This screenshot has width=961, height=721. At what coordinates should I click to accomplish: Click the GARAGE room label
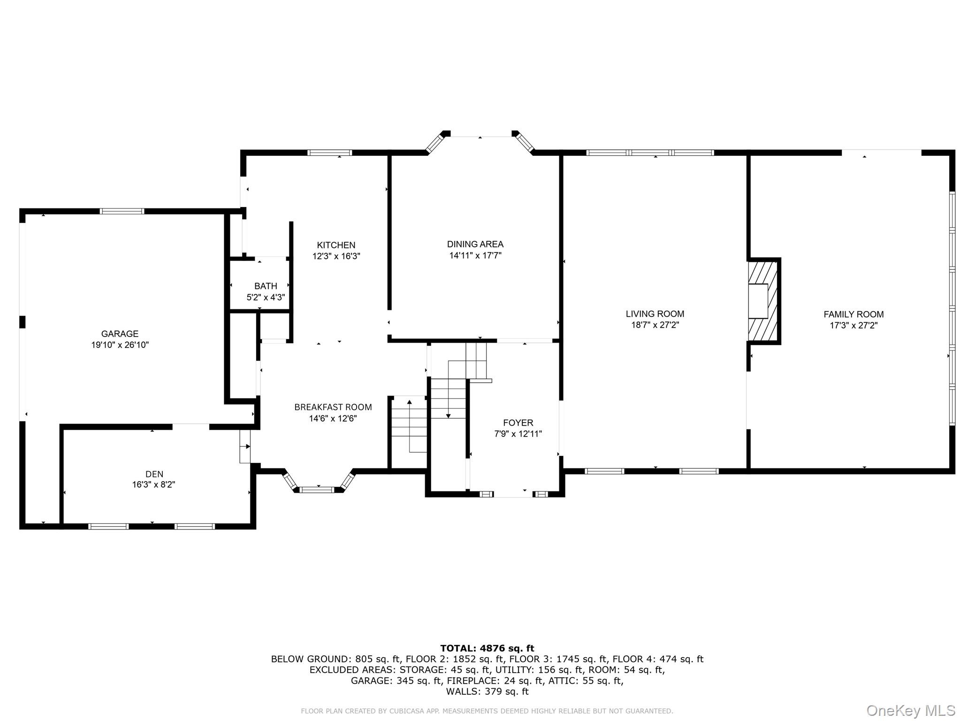[120, 334]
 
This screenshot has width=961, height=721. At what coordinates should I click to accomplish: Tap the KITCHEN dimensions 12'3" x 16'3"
[336, 256]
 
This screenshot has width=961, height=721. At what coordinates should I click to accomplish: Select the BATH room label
[266, 286]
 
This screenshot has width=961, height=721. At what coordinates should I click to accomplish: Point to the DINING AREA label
[475, 244]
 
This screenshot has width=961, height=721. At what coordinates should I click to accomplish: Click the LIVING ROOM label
[655, 314]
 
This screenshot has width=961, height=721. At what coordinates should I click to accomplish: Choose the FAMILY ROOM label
[853, 314]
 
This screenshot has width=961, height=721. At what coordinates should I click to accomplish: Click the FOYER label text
[518, 422]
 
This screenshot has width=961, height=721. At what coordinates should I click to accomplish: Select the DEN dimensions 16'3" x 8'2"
[153, 484]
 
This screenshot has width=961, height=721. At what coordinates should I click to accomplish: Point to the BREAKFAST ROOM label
[333, 407]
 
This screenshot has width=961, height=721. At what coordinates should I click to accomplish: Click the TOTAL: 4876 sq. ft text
[487, 648]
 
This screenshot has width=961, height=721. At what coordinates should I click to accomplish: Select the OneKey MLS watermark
[910, 710]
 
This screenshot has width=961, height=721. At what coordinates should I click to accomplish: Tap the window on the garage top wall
[122, 211]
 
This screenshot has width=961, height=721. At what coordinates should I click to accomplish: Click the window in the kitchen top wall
[329, 153]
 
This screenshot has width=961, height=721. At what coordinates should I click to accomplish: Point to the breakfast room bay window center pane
[317, 490]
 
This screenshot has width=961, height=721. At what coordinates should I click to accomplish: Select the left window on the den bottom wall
[108, 526]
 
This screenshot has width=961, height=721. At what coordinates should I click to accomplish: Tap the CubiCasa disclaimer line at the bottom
[487, 711]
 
